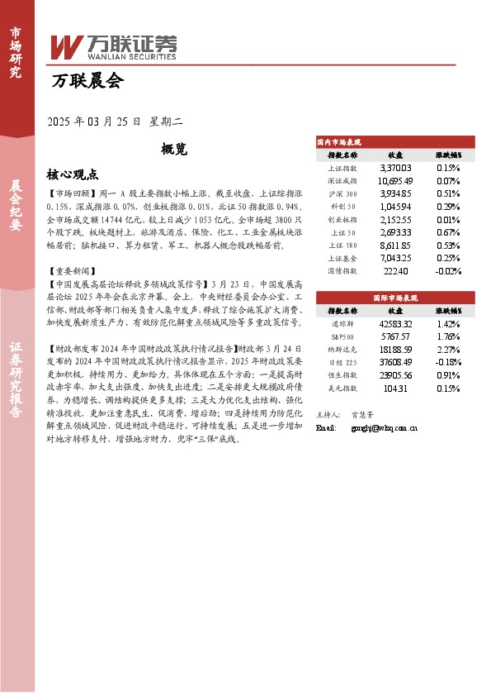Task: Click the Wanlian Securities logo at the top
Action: coord(113,47)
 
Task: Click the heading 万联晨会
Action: coord(86,82)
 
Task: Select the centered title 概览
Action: coord(174,150)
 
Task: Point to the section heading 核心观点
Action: coord(73,174)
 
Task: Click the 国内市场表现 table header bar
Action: coord(395,142)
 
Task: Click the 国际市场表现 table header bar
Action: coord(395,297)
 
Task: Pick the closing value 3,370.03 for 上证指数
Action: coord(395,167)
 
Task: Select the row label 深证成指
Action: coord(342,180)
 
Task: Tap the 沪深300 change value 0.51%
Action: coord(449,193)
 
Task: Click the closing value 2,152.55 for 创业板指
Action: coord(395,219)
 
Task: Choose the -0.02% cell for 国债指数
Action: coord(448,271)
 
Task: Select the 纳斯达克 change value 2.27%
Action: coord(449,349)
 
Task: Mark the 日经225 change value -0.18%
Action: coord(448,361)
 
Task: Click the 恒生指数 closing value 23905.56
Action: coord(395,374)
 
